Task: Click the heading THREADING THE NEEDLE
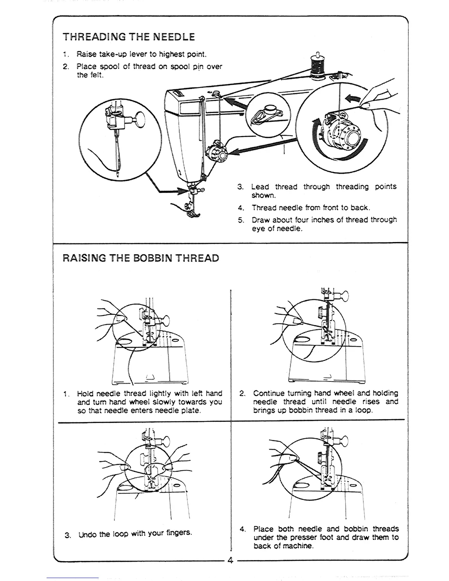click(129, 37)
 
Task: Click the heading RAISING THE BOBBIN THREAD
click(141, 258)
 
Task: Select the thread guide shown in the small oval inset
click(270, 114)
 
